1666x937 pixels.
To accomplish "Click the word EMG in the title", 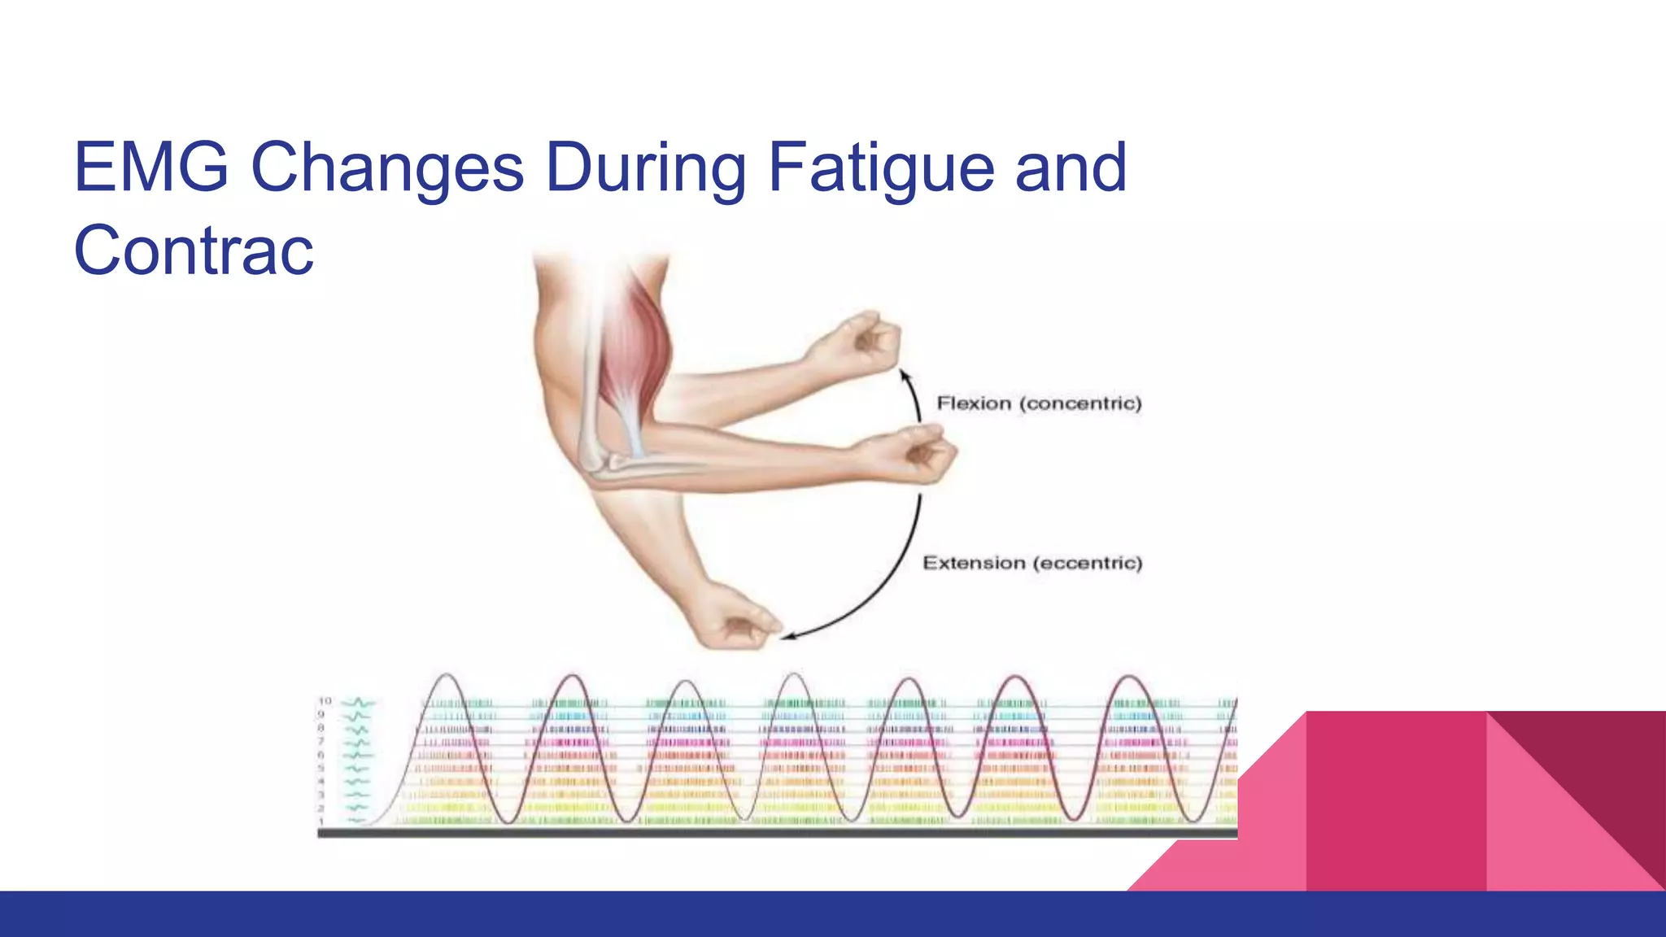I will [151, 168].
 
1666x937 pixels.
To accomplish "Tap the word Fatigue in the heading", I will [880, 168].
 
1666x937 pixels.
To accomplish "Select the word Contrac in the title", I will [194, 251].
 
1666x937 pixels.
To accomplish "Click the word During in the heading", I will [645, 168].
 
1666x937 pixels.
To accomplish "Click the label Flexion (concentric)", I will [1039, 403].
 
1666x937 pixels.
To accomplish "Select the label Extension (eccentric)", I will [1032, 563].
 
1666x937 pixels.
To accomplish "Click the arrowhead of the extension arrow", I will [787, 636].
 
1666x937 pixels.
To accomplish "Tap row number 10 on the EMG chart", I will [325, 701].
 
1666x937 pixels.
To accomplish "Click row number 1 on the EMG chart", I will [321, 822].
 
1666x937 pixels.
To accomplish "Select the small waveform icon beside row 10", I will [358, 702].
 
